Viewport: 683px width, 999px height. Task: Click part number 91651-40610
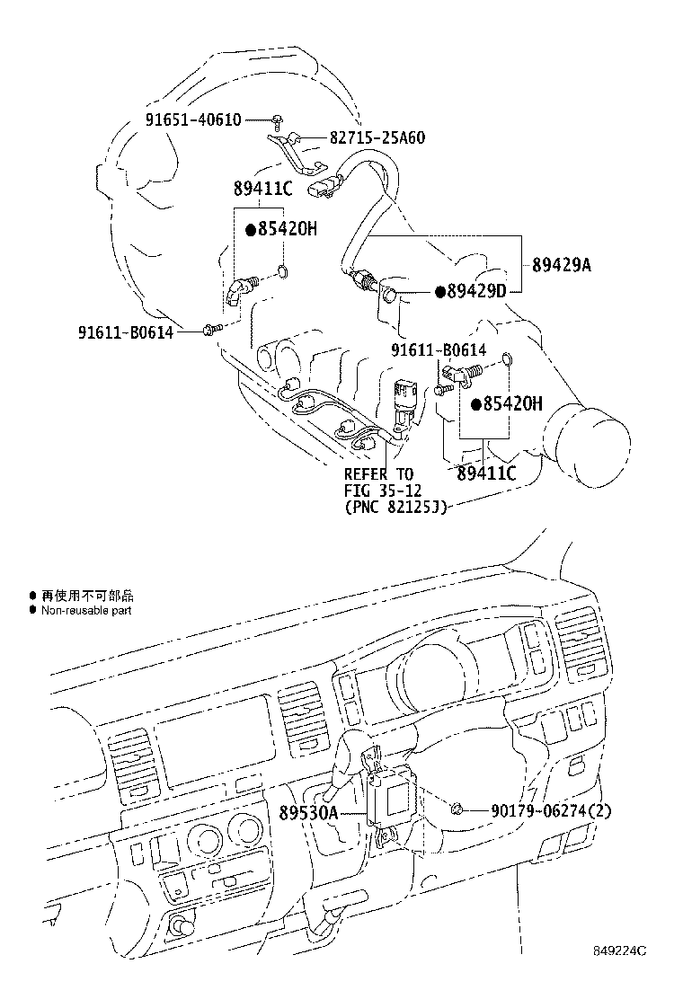pos(193,119)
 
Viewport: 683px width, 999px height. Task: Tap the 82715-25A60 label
pos(377,137)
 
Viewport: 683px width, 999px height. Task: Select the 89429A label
pos(562,264)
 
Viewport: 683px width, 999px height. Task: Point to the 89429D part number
pos(476,292)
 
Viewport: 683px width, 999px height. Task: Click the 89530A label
pos(307,813)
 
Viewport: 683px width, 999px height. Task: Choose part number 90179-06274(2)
pos(551,810)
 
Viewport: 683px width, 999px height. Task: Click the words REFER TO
pos(378,474)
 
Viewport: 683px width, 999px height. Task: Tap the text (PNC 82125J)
pos(395,508)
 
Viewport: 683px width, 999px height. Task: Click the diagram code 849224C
pos(619,969)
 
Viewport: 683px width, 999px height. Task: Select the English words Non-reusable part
pos(86,610)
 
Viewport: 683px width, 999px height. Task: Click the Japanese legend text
pos(87,596)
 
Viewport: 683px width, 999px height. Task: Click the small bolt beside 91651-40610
pos(278,119)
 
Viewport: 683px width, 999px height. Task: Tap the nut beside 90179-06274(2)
pos(456,809)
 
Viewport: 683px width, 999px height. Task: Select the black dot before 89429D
pos(439,293)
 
